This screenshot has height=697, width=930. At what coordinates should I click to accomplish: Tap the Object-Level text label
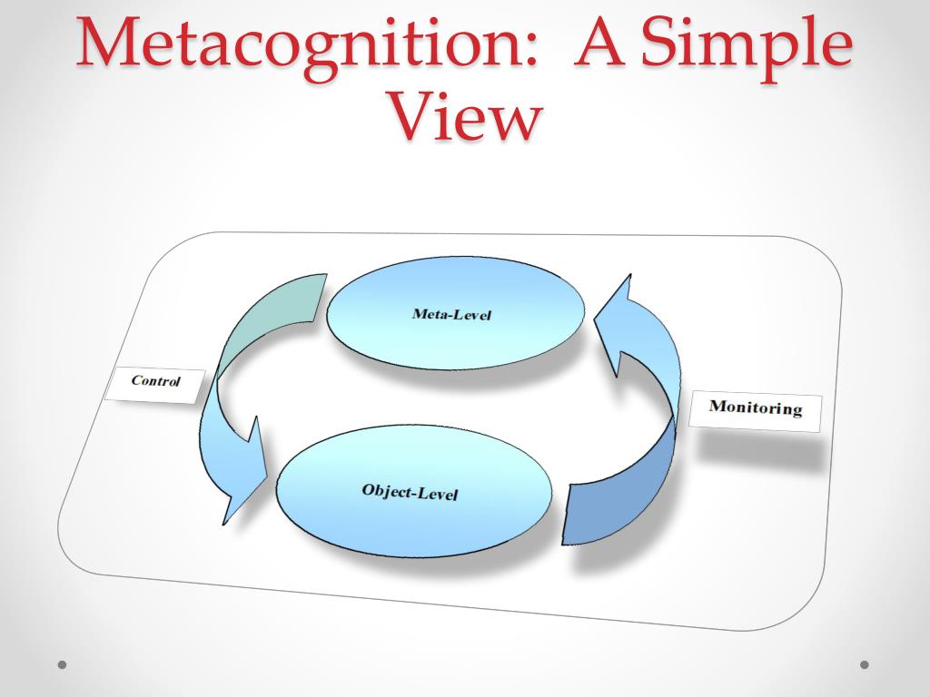coord(410,493)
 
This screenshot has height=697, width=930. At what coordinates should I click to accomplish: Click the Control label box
coord(155,382)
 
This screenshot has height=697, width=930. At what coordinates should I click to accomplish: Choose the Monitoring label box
coord(756,409)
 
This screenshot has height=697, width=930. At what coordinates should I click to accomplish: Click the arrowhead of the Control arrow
coord(240,481)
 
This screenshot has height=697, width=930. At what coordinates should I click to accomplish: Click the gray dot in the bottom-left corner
coord(63,664)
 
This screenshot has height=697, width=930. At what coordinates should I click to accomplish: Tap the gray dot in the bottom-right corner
coord(865,664)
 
